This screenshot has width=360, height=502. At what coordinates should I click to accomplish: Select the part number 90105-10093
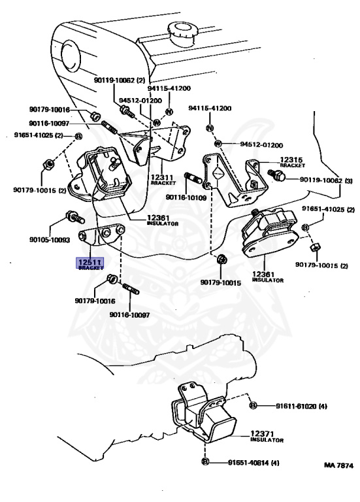pyautogui.click(x=50, y=239)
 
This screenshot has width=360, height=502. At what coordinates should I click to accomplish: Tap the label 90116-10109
pyautogui.click(x=186, y=197)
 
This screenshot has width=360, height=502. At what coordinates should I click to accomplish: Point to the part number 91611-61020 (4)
pyautogui.click(x=301, y=407)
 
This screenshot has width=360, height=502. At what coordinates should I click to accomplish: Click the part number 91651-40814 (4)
pyautogui.click(x=254, y=463)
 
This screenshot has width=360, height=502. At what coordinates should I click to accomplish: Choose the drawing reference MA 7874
pyautogui.click(x=338, y=465)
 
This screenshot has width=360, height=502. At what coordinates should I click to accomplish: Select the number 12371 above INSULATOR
pyautogui.click(x=262, y=434)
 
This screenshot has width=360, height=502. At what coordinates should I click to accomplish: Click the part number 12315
pyautogui.click(x=291, y=159)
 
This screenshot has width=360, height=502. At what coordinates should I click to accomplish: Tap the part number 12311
pyautogui.click(x=162, y=177)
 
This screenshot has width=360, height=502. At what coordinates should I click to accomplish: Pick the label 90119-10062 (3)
pyautogui.click(x=326, y=180)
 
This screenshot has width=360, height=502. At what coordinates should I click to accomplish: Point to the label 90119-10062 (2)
pyautogui.click(x=120, y=80)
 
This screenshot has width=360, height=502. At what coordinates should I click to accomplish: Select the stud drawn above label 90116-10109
pyautogui.click(x=193, y=178)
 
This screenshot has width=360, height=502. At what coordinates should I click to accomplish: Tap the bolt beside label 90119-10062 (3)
pyautogui.click(x=276, y=174)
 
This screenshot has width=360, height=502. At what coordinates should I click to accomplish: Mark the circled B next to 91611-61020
pyautogui.click(x=253, y=406)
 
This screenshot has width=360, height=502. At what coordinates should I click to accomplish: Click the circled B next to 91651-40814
pyautogui.click(x=205, y=461)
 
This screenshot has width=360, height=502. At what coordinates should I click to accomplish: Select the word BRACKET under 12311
pyautogui.click(x=163, y=183)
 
